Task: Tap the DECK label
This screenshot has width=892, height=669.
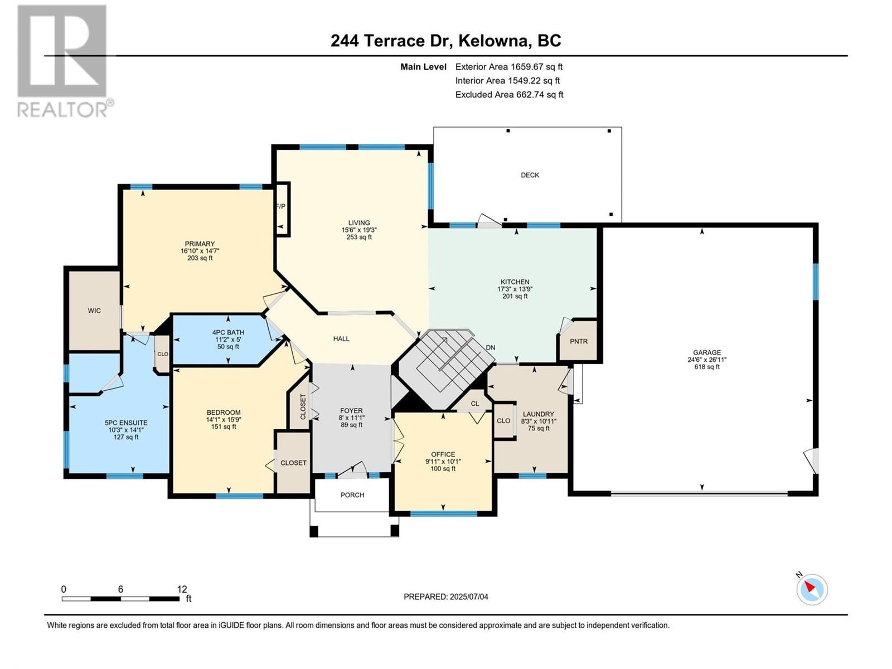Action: point(530,175)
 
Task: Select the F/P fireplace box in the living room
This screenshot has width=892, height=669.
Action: point(283,209)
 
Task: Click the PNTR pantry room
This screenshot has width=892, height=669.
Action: point(578,341)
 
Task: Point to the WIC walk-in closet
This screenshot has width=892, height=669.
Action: point(94,311)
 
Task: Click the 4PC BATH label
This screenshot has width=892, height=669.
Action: point(228,332)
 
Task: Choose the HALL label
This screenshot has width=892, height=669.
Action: point(341,339)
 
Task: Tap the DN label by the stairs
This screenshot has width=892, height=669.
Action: point(491,348)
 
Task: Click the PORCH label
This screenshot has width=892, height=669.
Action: point(352,495)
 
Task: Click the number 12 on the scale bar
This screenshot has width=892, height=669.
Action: point(182,589)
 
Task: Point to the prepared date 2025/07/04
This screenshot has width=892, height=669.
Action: point(469,597)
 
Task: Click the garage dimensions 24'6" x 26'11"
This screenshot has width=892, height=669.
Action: point(707,360)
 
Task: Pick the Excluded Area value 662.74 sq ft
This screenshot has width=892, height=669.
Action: point(540,95)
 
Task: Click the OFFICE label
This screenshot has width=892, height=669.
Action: point(443,454)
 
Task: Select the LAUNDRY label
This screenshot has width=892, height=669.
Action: point(538,414)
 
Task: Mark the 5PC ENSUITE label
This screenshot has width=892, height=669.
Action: point(126,423)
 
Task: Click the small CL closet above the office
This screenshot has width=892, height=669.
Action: point(474,404)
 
